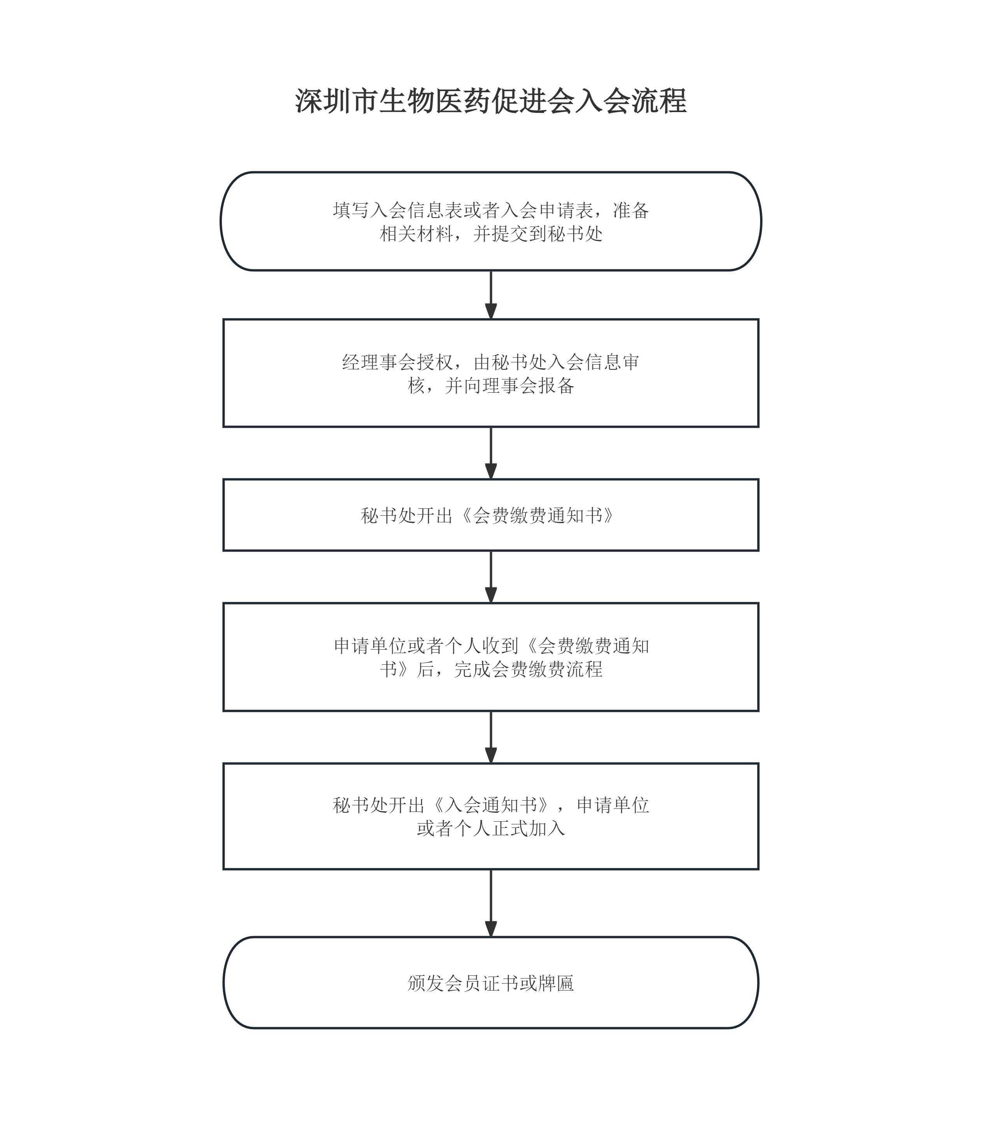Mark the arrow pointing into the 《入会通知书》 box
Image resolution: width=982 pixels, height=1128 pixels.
(491, 737)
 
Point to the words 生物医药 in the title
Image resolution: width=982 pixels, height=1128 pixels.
(434, 102)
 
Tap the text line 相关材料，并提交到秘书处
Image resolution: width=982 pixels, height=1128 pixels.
(491, 234)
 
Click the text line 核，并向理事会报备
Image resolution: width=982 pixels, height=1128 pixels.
(491, 386)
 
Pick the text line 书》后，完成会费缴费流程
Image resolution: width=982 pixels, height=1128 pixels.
(491, 669)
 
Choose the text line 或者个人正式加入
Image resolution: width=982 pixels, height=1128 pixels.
(491, 828)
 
